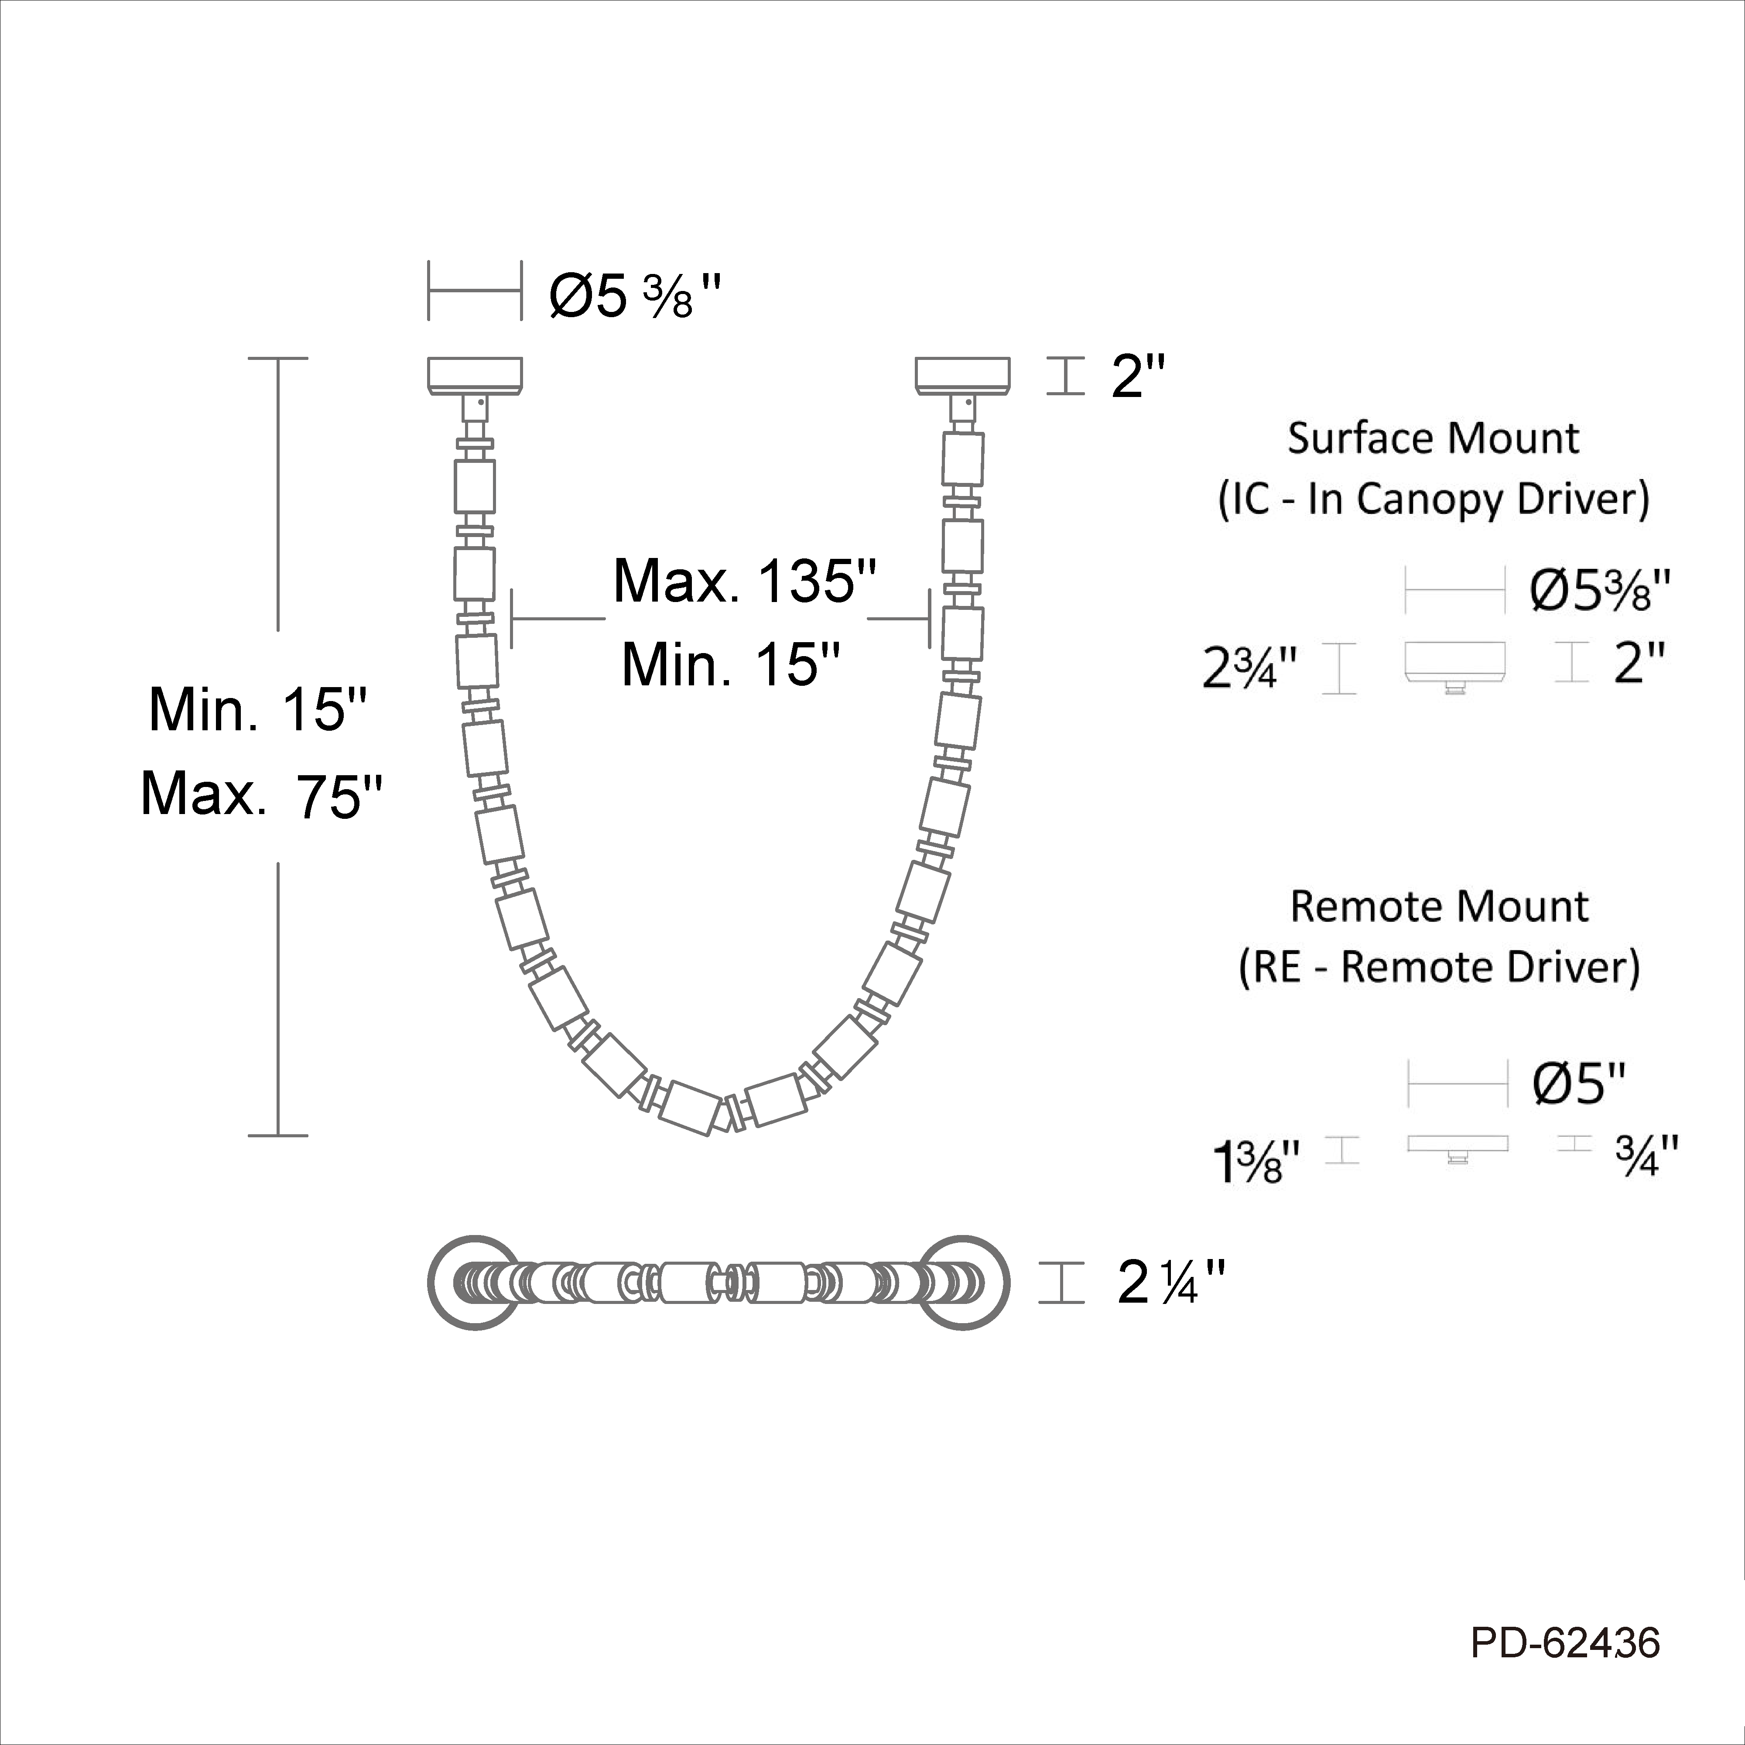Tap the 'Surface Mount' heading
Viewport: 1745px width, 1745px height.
tap(1434, 438)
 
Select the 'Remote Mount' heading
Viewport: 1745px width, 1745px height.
tap(1439, 906)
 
